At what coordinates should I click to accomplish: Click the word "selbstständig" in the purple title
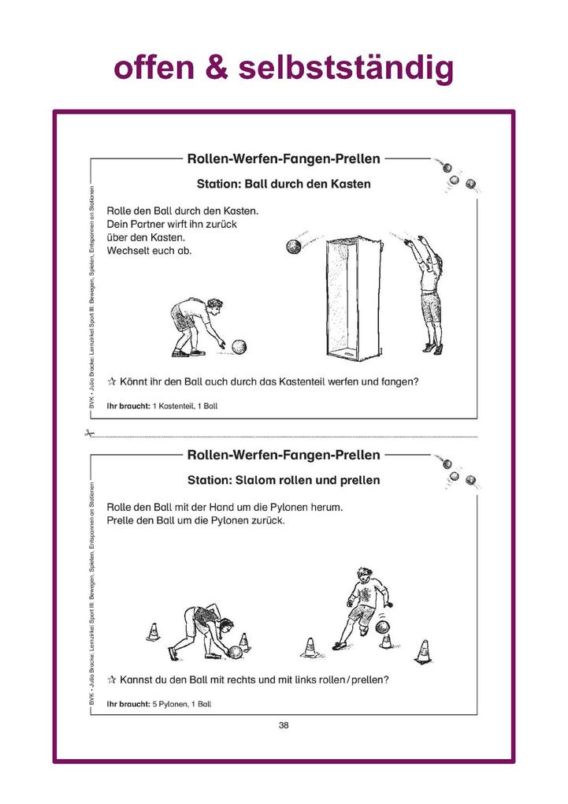click(346, 69)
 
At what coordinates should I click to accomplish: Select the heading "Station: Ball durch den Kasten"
click(284, 184)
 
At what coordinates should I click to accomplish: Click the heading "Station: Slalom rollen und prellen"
click(284, 479)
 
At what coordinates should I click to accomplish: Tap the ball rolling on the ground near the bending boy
click(239, 346)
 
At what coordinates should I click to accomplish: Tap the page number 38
click(284, 725)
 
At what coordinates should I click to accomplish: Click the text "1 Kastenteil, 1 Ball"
click(185, 406)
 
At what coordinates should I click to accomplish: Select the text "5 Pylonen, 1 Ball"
click(182, 703)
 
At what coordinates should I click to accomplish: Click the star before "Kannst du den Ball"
click(112, 679)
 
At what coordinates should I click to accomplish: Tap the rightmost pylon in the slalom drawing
click(424, 652)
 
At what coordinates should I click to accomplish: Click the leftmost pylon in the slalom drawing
click(153, 632)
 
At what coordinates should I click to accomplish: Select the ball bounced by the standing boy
click(383, 627)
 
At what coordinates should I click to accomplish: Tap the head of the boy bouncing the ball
click(363, 575)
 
